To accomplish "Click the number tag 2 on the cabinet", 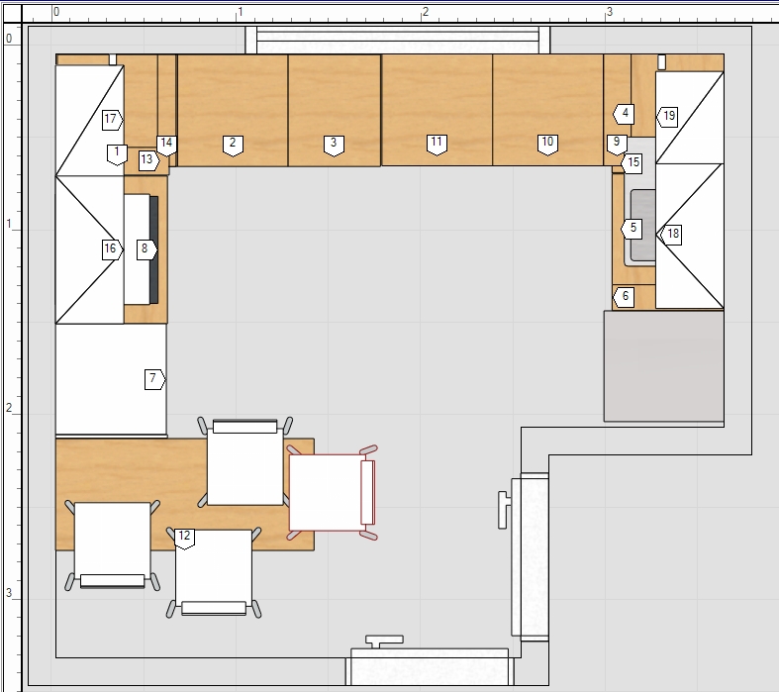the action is click(233, 146).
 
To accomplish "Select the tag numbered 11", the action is click(437, 145).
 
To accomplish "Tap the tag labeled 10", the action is click(547, 145).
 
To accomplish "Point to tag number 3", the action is click(334, 146).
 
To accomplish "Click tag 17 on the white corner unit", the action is click(112, 119).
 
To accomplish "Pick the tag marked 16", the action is click(112, 248).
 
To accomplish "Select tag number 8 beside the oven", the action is click(146, 248).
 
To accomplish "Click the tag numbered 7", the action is click(154, 379).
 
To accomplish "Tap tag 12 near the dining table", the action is click(184, 539).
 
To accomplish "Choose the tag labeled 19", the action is click(667, 116).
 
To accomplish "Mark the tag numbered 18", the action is click(671, 234).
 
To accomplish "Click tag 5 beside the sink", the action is click(631, 229).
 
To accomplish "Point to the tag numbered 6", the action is click(624, 297).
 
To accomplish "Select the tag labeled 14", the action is click(166, 146).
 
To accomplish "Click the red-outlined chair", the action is click(333, 492).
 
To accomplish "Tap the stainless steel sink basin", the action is click(642, 227).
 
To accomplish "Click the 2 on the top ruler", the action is click(425, 12).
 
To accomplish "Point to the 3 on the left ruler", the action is click(9, 593).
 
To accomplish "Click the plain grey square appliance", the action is click(664, 366).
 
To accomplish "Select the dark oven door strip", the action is click(154, 249).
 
